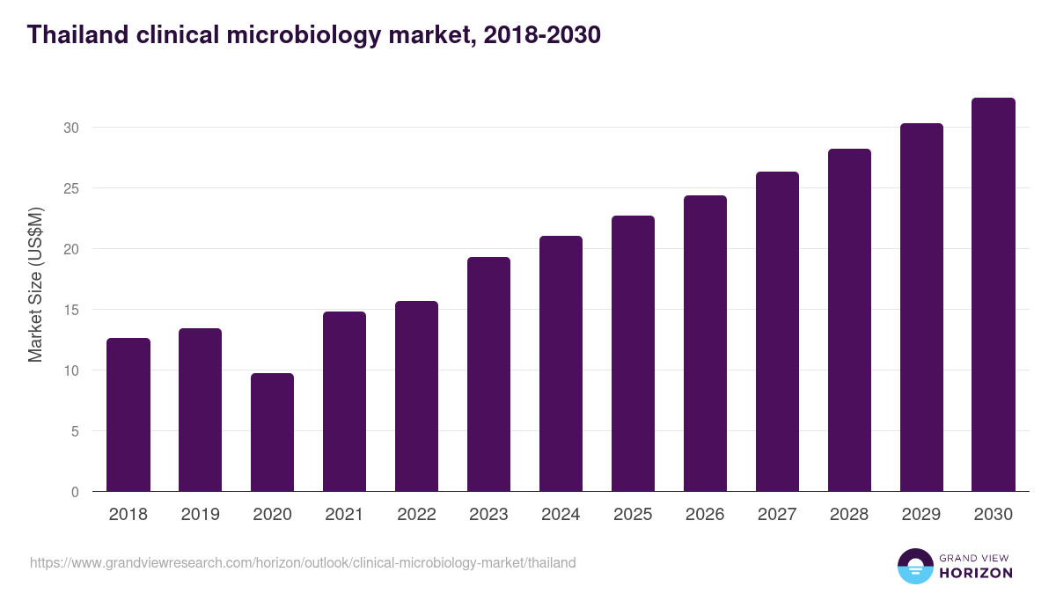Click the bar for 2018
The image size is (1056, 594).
[128, 414]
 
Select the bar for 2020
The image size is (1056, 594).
[273, 432]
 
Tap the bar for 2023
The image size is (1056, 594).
[488, 374]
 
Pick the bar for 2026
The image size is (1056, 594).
[705, 343]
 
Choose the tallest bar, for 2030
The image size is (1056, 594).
[994, 295]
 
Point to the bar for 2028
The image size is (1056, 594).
[849, 320]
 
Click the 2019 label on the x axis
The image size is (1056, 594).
[201, 515]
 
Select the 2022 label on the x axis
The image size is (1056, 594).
[416, 515]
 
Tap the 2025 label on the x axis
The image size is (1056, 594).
[633, 515]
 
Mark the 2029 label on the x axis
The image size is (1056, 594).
[921, 515]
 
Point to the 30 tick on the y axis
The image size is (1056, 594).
[71, 128]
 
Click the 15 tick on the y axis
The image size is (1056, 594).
[71, 310]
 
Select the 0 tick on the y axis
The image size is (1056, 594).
[75, 492]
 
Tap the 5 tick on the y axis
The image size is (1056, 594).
[75, 431]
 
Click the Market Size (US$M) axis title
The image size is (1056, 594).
[35, 283]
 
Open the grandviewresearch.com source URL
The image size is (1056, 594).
[303, 562]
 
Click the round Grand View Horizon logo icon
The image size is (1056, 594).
[915, 566]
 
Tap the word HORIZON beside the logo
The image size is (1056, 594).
[976, 573]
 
